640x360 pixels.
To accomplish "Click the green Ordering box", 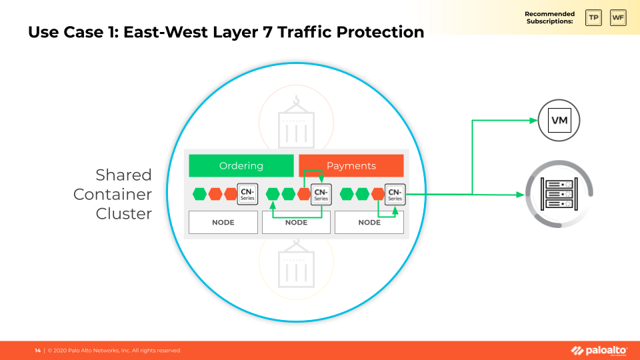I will click(241, 166).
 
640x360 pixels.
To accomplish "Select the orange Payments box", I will click(351, 166).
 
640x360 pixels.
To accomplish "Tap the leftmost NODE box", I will click(223, 223).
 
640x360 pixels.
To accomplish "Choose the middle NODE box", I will click(296, 223).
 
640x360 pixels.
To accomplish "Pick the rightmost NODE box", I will click(369, 223).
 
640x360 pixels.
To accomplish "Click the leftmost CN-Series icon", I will click(247, 194).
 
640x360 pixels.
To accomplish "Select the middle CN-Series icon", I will click(321, 194).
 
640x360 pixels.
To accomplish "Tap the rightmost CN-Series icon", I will click(395, 194).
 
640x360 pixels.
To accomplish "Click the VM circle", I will click(559, 120).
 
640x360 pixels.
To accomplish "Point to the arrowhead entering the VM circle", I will click(533, 120).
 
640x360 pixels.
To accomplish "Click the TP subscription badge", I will click(593, 17).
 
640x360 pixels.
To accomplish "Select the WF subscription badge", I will click(618, 17).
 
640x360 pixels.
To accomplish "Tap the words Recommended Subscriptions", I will click(549, 17).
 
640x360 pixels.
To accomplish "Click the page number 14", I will click(37, 351).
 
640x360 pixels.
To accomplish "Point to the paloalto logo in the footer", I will click(599, 351).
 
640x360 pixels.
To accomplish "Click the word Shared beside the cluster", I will click(123, 175).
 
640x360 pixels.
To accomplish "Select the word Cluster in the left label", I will click(123, 214).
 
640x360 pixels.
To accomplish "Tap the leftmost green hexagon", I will click(199, 194).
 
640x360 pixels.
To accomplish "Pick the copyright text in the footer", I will click(114, 351).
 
